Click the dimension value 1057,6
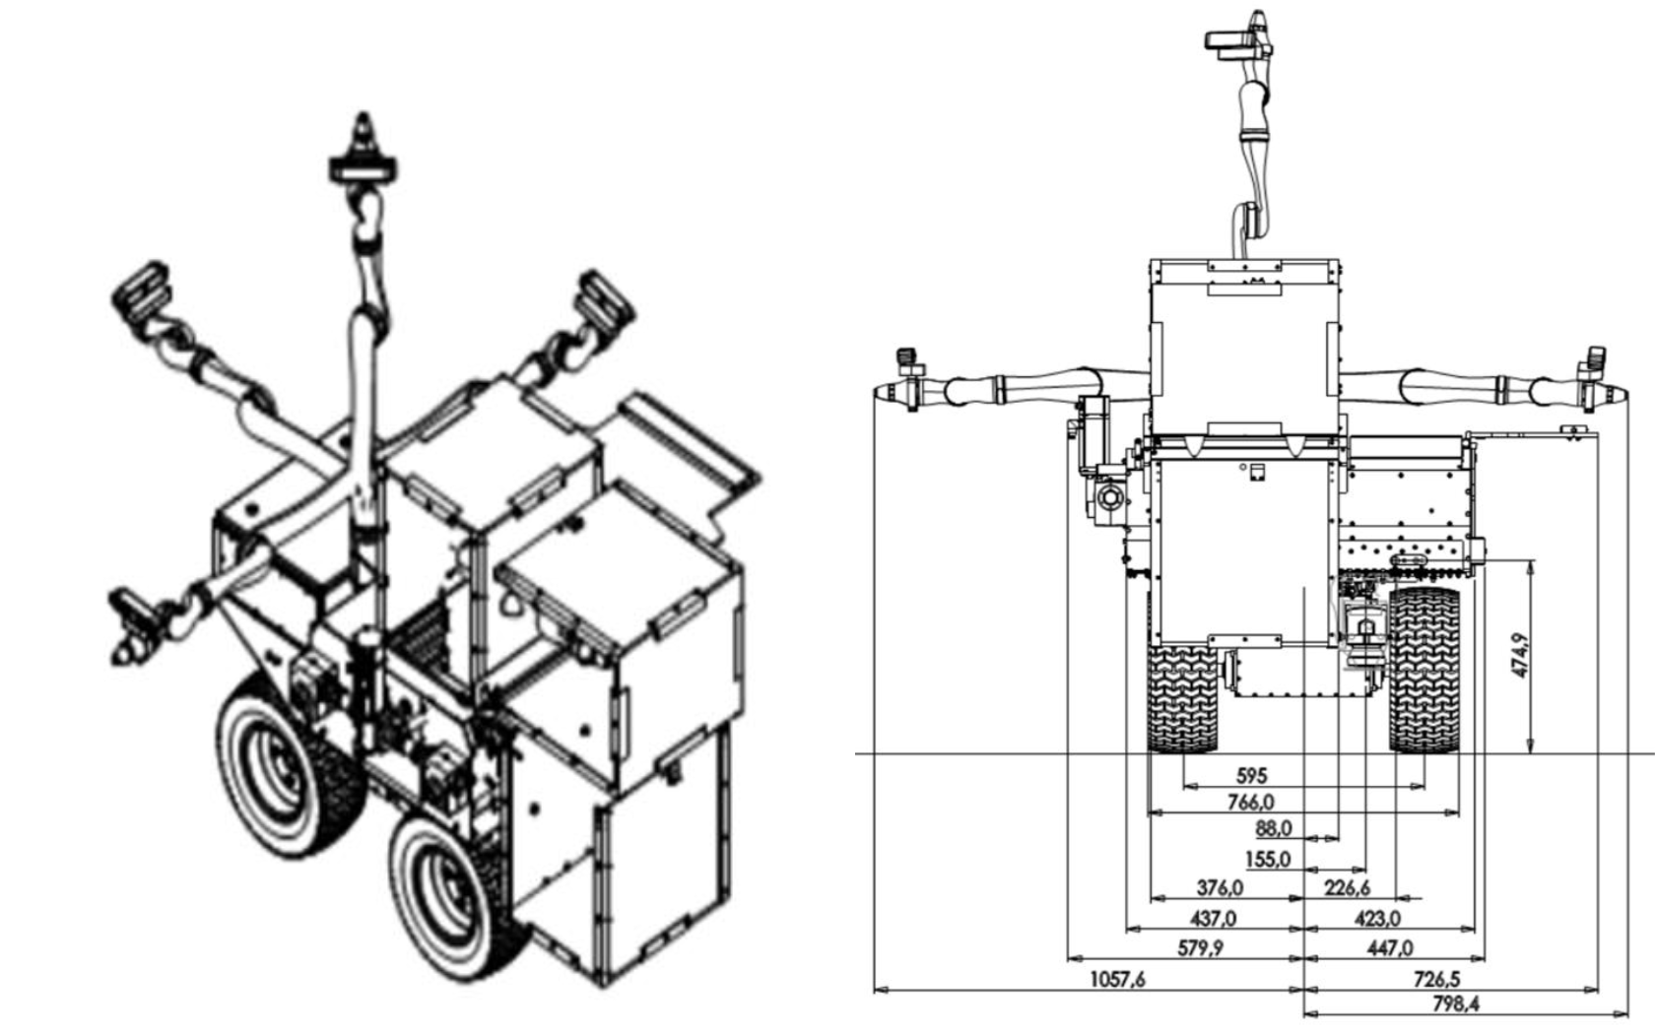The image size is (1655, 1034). click(1117, 979)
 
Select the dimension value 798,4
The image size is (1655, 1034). click(1455, 1003)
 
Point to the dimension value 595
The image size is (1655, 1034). click(1250, 775)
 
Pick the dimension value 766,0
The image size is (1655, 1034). click(1250, 802)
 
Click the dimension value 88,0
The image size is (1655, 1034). click(1273, 828)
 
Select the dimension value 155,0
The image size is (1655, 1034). click(1267, 859)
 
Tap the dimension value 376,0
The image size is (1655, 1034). click(1220, 887)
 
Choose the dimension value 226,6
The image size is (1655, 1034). click(1347, 887)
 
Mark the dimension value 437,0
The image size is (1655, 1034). click(1214, 918)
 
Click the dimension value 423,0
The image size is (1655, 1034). click(1377, 918)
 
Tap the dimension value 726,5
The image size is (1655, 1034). click(1436, 979)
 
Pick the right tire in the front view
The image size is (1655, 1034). click(1423, 670)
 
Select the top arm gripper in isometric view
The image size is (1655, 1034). click(364, 158)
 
